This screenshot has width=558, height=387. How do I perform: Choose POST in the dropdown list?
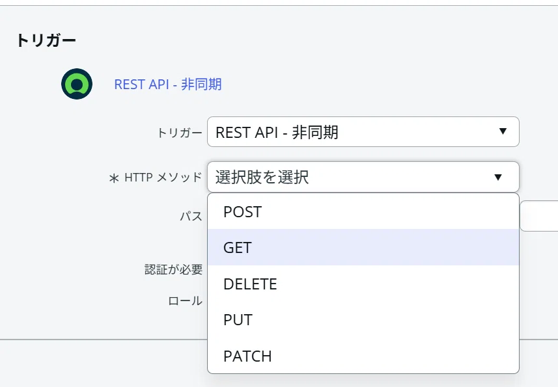242,212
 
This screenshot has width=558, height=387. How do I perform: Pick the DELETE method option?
250,284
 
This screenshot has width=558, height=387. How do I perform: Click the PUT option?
238,320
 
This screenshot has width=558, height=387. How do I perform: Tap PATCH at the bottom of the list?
247,356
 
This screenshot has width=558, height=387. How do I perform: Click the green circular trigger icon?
77,84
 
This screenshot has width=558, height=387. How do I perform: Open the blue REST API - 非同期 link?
168,85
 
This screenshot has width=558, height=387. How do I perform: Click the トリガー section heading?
46,40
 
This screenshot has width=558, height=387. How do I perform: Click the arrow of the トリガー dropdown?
503,131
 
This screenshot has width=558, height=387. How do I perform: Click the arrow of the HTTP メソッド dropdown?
498,177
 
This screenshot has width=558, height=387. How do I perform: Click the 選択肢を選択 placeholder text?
262,177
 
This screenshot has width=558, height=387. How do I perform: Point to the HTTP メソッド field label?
163,177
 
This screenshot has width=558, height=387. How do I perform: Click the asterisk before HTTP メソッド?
114,178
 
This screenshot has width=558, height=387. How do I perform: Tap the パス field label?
191,216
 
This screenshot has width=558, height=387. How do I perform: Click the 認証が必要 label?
174,269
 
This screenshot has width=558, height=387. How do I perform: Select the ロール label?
185,301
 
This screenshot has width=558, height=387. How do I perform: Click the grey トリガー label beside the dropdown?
180,133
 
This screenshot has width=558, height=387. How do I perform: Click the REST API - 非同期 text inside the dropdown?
277,132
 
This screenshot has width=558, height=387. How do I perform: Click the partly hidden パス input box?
539,216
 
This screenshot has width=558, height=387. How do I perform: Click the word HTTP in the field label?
139,177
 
